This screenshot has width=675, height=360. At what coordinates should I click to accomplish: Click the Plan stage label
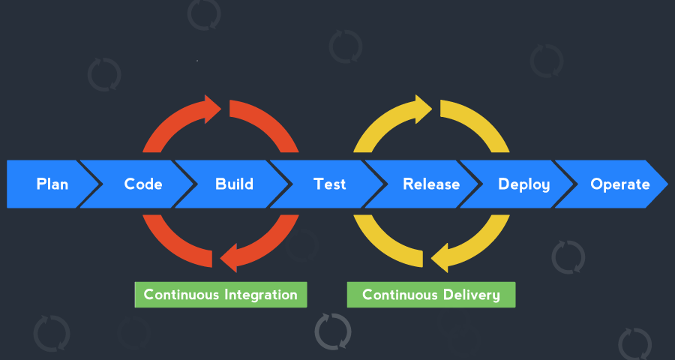52,184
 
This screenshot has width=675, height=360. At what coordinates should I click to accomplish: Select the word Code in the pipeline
143,184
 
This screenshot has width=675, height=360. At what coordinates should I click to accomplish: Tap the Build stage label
234,184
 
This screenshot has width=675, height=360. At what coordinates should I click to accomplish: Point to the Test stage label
330,184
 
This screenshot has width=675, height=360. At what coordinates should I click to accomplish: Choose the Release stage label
431,184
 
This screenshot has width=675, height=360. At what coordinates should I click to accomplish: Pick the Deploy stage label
524,184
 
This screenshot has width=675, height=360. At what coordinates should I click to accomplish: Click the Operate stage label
620,184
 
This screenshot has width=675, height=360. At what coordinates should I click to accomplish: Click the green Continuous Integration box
220,295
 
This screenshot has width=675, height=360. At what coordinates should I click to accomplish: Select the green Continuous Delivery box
431,295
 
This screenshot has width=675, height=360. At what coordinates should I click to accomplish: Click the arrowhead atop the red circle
213,109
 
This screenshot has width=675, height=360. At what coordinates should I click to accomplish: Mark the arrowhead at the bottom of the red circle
229,257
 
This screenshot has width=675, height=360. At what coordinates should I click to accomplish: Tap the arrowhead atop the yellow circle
424,109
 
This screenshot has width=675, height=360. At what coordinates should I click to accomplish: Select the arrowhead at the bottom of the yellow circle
439,257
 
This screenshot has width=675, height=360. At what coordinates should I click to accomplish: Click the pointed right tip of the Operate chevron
667,184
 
